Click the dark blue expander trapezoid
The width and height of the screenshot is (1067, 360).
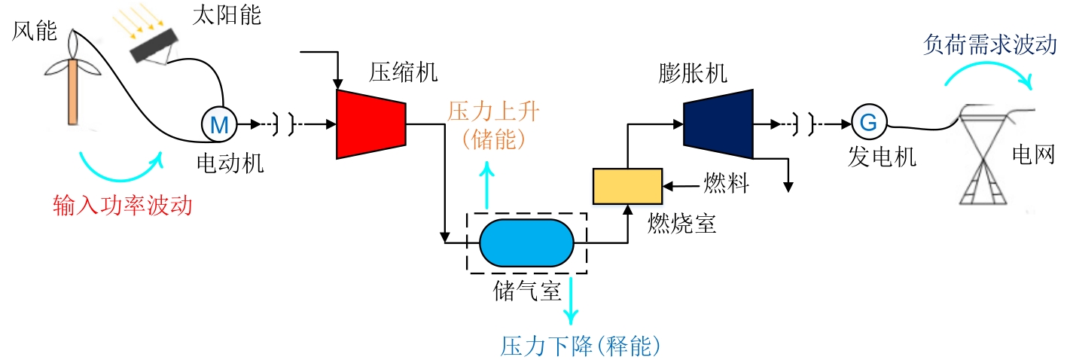point(718,124)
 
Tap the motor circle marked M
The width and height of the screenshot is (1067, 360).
point(219,123)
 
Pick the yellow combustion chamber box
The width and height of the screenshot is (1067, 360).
point(627,186)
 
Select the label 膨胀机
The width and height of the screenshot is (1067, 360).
point(692,73)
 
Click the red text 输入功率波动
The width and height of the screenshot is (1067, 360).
point(123,204)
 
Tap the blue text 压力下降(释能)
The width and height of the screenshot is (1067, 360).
point(580,345)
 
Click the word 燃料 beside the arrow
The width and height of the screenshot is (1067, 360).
point(722,183)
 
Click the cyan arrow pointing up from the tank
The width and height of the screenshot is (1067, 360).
point(488,187)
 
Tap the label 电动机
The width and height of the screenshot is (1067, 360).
point(230,162)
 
